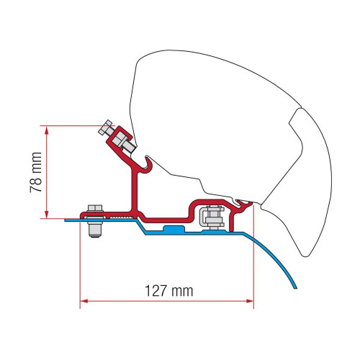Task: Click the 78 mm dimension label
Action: [x=36, y=172]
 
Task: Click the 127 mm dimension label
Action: [x=169, y=291]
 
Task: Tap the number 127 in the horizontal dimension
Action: [x=156, y=291]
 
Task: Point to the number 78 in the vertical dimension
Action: [x=36, y=184]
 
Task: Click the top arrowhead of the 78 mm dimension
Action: [x=47, y=130]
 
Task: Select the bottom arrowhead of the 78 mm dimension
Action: [x=47, y=215]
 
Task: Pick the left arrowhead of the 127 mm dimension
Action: [x=84, y=301]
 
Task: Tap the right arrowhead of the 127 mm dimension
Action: [x=250, y=301]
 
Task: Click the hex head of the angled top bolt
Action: [x=105, y=127]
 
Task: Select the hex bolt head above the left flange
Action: [x=95, y=208]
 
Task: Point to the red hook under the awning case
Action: [x=148, y=164]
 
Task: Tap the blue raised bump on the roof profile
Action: [x=174, y=229]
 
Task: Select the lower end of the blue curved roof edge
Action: [x=295, y=287]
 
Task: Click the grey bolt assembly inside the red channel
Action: [x=212, y=216]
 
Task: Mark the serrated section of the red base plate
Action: [x=120, y=217]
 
